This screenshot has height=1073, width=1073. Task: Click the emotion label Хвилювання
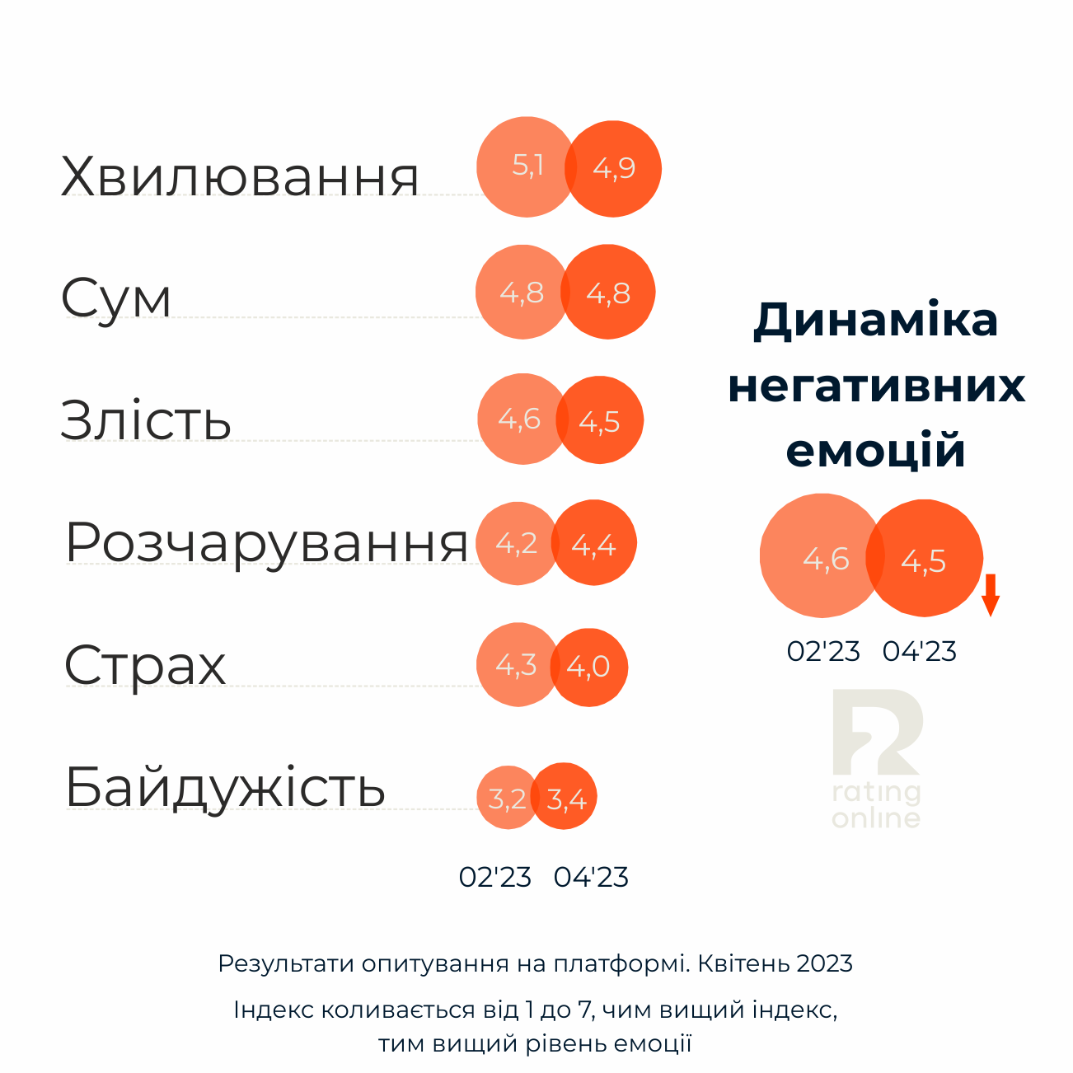[x=240, y=176]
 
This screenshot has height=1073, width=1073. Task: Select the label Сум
[x=116, y=298]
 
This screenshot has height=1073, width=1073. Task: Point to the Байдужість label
[x=225, y=787]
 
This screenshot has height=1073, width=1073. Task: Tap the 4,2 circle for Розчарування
[x=513, y=543]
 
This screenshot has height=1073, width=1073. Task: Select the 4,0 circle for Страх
[x=592, y=667]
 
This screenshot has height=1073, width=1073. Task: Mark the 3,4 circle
[x=568, y=799]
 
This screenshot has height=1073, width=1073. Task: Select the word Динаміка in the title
[x=875, y=320]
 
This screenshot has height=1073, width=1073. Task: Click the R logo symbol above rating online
[x=875, y=732]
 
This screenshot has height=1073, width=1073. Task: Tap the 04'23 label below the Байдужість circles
[x=591, y=877]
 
